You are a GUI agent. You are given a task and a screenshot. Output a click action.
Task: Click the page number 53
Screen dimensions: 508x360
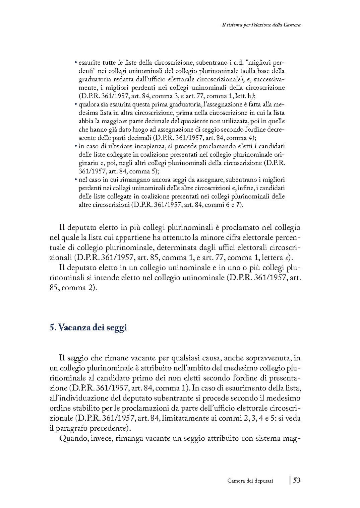point(297,480)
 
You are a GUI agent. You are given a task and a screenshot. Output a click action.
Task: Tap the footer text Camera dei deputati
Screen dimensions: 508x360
point(250,481)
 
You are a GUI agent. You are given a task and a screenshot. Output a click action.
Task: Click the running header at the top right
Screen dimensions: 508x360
point(261,24)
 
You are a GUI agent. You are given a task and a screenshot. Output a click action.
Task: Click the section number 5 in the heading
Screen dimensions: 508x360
point(52,328)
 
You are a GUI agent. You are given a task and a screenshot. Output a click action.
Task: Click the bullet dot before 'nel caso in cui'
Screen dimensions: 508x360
point(76,180)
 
